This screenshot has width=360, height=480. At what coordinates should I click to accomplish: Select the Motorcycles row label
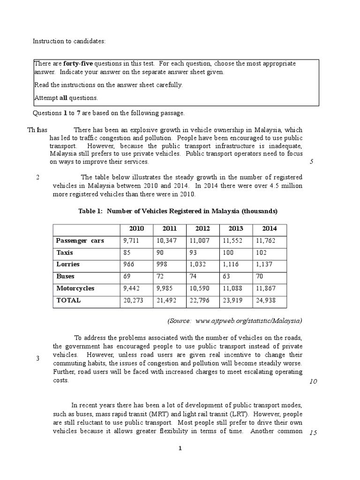75,288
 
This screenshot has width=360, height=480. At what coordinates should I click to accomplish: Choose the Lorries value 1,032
199,264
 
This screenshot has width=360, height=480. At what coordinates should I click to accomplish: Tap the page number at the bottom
180,449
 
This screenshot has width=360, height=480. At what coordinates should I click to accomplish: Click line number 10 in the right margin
314,381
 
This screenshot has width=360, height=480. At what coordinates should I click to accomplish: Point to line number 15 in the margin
314,433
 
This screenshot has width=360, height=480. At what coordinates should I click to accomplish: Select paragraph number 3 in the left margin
37,359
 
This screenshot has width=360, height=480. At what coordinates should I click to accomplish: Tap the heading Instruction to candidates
69,41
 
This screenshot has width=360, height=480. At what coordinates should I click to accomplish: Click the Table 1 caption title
178,211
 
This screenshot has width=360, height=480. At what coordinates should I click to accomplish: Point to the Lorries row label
67,264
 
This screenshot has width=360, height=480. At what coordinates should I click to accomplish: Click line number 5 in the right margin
312,162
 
